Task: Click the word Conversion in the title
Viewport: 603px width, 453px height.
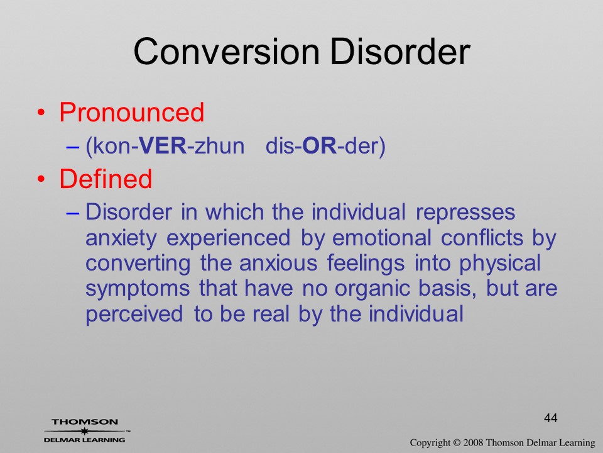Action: tap(227, 52)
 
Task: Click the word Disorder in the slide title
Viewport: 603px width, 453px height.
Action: tap(400, 52)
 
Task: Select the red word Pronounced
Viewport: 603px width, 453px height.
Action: tap(131, 112)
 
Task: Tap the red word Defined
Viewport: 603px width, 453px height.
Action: tap(106, 179)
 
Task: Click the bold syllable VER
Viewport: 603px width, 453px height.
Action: tap(163, 146)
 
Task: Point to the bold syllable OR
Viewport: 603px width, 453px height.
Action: tap(320, 146)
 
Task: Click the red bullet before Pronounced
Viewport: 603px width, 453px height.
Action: tap(41, 113)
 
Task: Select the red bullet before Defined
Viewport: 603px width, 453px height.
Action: tap(41, 179)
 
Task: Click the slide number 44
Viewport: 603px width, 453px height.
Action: tap(551, 418)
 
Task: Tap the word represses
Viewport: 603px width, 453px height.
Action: tap(465, 213)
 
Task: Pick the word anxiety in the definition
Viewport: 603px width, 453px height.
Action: tap(121, 238)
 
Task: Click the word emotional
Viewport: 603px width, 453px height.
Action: tap(381, 237)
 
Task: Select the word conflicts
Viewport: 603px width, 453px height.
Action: tap(482, 237)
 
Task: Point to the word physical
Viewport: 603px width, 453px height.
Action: tap(501, 264)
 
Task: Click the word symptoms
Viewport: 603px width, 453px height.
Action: tap(138, 289)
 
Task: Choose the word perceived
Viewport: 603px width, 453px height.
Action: tap(134, 314)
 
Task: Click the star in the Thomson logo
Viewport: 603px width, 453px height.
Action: tap(84, 431)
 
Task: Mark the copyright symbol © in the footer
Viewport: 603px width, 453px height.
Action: tap(457, 443)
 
